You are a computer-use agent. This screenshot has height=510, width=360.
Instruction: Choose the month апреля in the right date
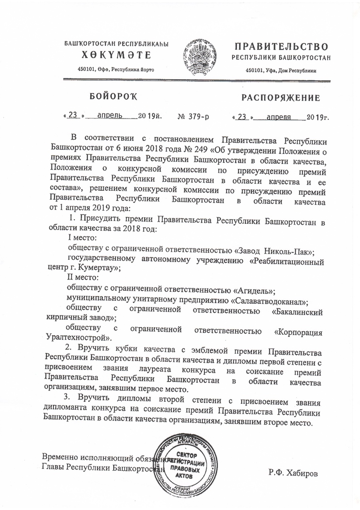(x=278, y=116)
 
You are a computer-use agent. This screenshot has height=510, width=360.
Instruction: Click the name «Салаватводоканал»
(x=268, y=300)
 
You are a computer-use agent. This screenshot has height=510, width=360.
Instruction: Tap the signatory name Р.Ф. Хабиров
(x=290, y=471)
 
